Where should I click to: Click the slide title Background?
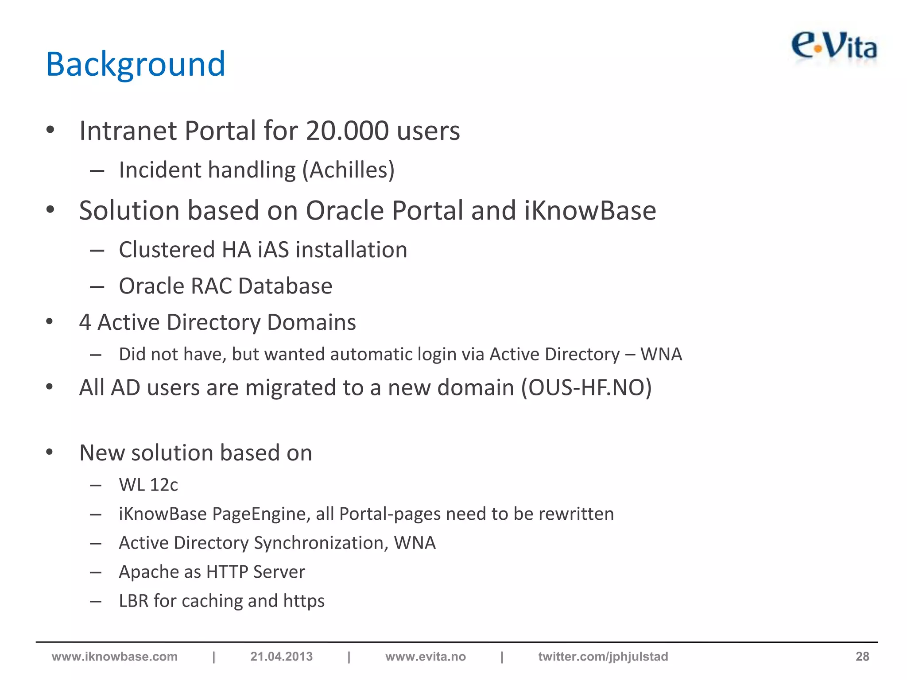point(136,65)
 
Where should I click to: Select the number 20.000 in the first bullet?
point(347,131)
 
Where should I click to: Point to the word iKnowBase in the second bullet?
point(590,210)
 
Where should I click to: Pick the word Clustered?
point(167,250)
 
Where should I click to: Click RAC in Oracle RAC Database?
point(211,286)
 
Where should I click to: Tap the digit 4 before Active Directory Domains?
point(85,322)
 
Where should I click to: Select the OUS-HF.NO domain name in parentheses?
point(586,388)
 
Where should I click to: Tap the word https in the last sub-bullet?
point(304,601)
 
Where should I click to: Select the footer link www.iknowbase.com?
point(115,657)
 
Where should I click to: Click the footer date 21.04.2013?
point(281,657)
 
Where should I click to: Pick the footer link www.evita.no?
point(426,657)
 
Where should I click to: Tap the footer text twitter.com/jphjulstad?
point(603,657)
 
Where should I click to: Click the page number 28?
point(862,657)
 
